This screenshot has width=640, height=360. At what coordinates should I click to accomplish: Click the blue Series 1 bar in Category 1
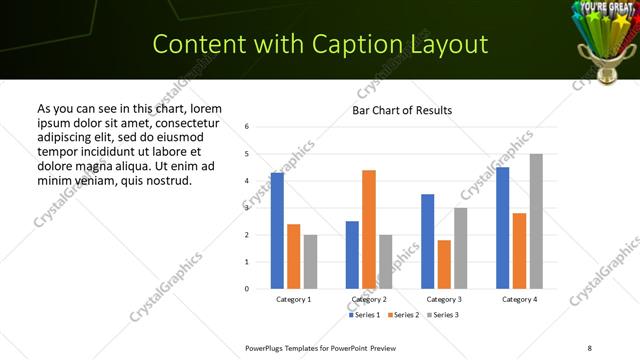(x=277, y=231)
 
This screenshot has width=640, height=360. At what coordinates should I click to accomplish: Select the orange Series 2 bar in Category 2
(x=369, y=229)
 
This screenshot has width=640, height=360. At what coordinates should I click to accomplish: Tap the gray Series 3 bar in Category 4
(x=536, y=221)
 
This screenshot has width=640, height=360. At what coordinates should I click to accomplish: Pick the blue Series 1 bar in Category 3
(x=428, y=241)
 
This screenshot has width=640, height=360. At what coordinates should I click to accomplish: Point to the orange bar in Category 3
(x=444, y=264)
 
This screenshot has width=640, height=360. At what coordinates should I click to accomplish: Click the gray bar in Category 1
(x=310, y=262)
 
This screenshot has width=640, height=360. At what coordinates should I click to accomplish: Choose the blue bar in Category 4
(x=503, y=228)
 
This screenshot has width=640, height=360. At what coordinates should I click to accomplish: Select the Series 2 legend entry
(x=403, y=315)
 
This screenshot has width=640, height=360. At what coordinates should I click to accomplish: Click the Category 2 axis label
(x=369, y=299)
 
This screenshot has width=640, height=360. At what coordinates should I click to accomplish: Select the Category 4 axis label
(x=519, y=299)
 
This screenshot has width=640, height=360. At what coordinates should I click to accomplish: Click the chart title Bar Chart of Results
(x=402, y=110)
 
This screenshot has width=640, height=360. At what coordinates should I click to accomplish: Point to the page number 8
(x=589, y=347)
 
